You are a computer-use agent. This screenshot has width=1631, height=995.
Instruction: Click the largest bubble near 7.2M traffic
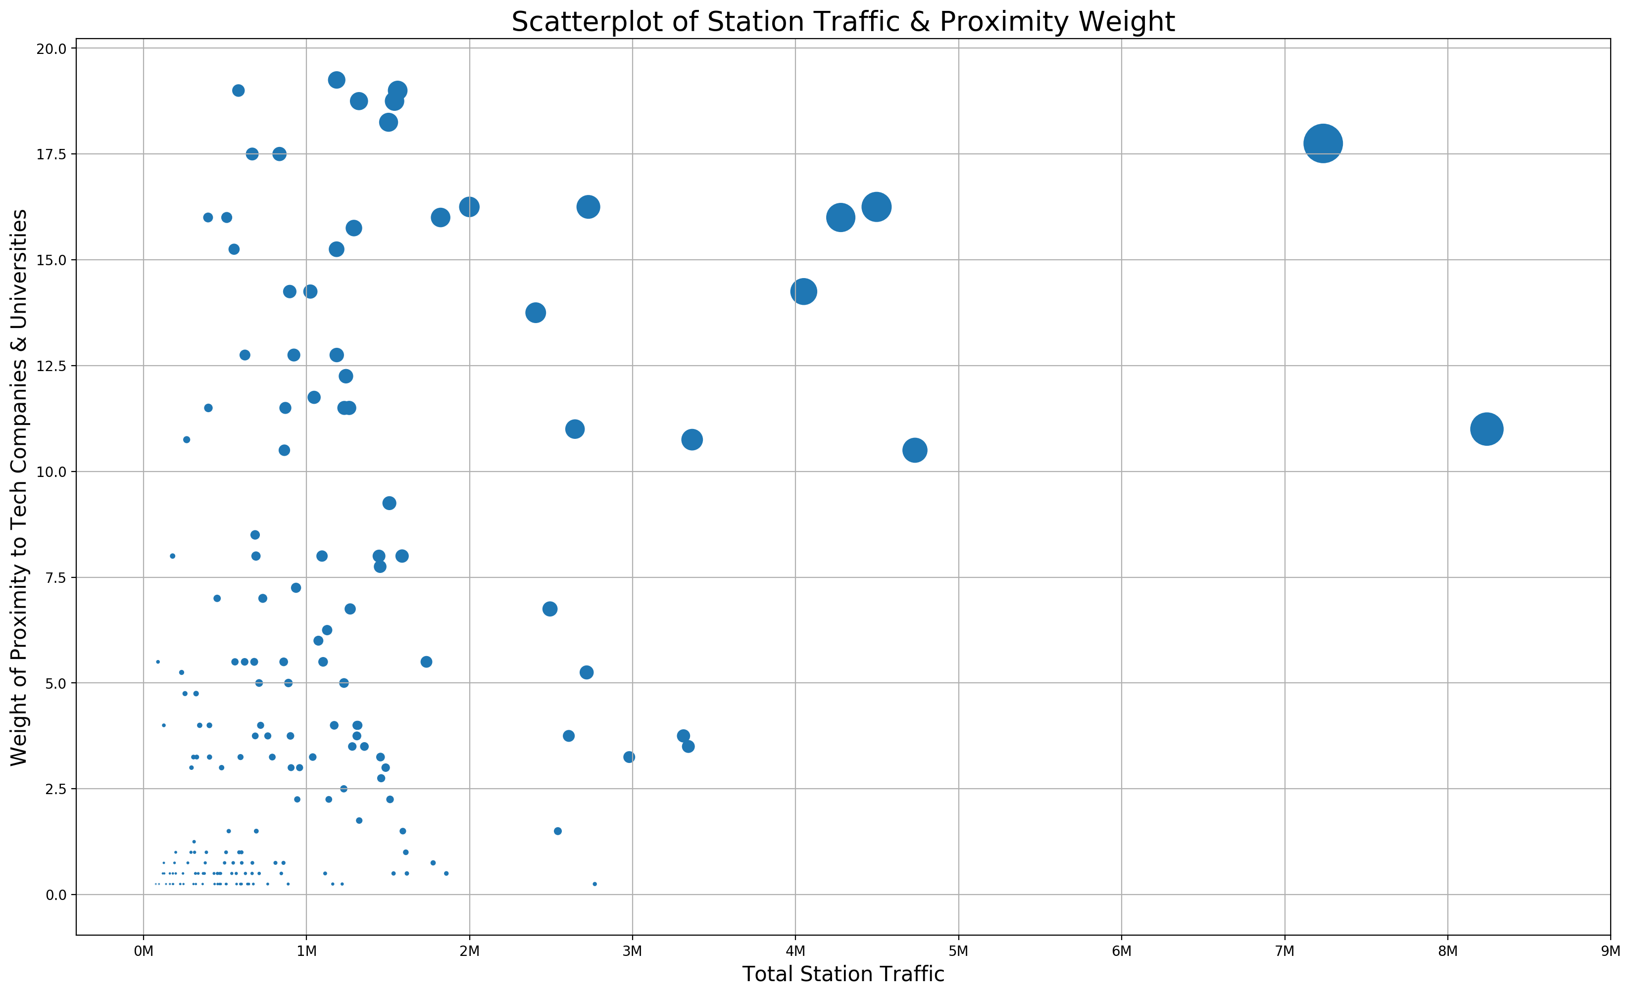(x=1323, y=143)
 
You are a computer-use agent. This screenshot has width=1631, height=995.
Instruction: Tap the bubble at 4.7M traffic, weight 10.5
(x=915, y=451)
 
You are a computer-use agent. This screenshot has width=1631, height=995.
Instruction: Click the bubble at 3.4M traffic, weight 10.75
(x=692, y=439)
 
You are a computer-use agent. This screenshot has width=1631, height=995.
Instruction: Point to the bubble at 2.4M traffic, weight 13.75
(x=536, y=312)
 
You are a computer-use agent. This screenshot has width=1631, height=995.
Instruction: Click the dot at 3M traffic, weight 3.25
(x=629, y=757)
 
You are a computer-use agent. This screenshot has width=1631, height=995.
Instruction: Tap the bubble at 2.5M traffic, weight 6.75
(x=549, y=609)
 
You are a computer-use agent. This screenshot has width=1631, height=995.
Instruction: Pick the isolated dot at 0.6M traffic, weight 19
(x=238, y=91)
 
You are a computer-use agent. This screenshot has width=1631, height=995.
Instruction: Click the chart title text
(x=842, y=22)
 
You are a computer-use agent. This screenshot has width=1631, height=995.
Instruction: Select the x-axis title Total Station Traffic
(x=842, y=975)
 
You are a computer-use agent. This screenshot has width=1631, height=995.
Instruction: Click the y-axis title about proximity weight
(x=19, y=487)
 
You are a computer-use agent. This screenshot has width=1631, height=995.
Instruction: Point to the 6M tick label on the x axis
(x=1121, y=951)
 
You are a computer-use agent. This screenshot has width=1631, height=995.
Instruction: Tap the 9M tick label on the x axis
(x=1610, y=951)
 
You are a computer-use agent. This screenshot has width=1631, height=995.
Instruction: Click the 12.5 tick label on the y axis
(x=51, y=366)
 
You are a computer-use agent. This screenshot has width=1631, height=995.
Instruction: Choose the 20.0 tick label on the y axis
(x=51, y=48)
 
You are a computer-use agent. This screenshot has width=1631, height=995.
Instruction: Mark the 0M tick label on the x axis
(x=143, y=951)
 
